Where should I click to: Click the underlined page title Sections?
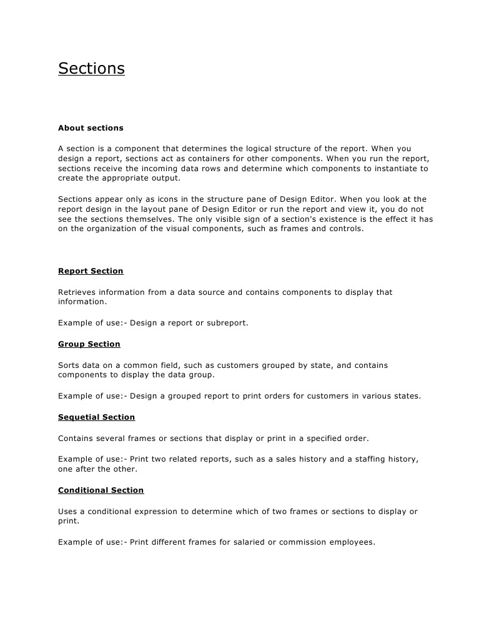pyautogui.click(x=91, y=68)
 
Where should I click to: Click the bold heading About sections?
pyautogui.click(x=91, y=128)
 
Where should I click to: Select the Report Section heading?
pyautogui.click(x=91, y=271)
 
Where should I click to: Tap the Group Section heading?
pyautogui.click(x=89, y=344)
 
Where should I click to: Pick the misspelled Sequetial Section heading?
pyautogui.click(x=96, y=417)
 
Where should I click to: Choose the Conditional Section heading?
pyautogui.click(x=101, y=490)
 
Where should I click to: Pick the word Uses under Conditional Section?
pyautogui.click(x=68, y=512)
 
